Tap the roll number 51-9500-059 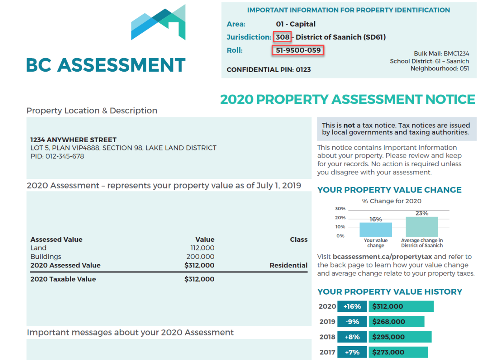(298, 50)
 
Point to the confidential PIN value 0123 (303, 70)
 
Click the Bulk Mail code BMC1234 (456, 54)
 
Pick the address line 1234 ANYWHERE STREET (73, 140)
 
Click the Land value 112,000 (202, 248)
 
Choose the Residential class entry (288, 265)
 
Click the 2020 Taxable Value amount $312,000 (199, 279)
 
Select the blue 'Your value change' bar (376, 229)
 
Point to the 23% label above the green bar (422, 213)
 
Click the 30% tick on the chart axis (340, 209)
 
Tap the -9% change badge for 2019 (352, 322)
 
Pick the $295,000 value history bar (400, 337)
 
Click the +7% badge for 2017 (352, 352)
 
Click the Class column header (298, 239)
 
